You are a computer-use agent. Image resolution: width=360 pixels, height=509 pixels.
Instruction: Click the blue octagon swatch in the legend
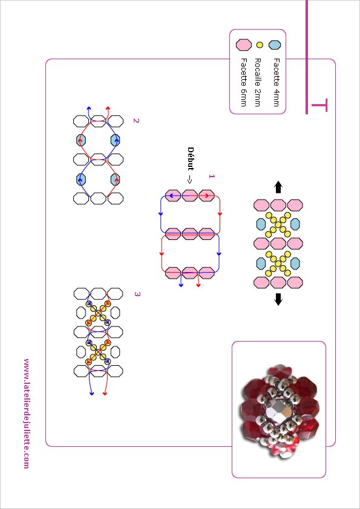pyautogui.click(x=275, y=45)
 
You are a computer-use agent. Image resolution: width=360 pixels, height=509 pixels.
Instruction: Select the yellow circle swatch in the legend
pyautogui.click(x=260, y=45)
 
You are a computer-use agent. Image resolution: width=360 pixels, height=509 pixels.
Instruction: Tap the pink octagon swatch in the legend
pyautogui.click(x=244, y=45)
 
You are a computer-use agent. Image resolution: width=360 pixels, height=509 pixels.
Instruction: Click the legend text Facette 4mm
pyautogui.click(x=276, y=82)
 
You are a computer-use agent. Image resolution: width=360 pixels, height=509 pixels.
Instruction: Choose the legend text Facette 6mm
pyautogui.click(x=244, y=82)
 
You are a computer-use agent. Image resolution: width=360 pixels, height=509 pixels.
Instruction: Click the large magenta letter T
pyautogui.click(x=319, y=106)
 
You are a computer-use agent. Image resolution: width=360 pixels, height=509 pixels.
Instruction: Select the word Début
pyautogui.click(x=191, y=159)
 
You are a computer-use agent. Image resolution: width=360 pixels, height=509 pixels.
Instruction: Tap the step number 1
pyautogui.click(x=212, y=177)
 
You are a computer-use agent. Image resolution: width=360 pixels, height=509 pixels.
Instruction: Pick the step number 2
pyautogui.click(x=136, y=121)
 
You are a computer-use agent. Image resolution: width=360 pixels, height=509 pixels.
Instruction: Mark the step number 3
pyautogui.click(x=137, y=294)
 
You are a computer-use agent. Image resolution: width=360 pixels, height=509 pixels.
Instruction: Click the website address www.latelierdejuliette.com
pyautogui.click(x=27, y=413)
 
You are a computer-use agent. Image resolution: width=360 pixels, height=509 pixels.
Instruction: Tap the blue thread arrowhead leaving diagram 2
pyautogui.click(x=89, y=109)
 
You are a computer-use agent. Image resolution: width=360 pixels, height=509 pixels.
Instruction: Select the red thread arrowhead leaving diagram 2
pyautogui.click(x=108, y=109)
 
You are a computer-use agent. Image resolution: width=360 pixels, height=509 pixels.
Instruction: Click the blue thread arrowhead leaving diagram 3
pyautogui.click(x=91, y=393)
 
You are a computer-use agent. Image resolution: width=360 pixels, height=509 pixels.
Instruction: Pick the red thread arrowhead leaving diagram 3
pyautogui.click(x=105, y=393)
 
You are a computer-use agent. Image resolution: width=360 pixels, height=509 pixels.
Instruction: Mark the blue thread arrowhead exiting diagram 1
pyautogui.click(x=181, y=285)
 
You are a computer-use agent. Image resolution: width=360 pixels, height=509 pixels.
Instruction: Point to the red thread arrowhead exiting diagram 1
pyautogui.click(x=198, y=285)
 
